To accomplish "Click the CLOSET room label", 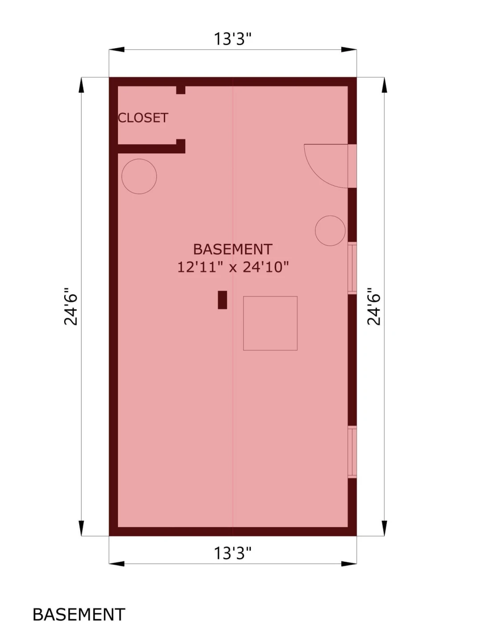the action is click(x=143, y=118).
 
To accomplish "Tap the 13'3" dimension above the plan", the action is click(x=233, y=39).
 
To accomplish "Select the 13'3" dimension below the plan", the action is click(x=233, y=553).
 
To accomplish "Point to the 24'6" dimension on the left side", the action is click(x=71, y=306).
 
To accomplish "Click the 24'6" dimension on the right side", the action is click(x=374, y=306).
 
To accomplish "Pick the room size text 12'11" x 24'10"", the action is click(x=233, y=267).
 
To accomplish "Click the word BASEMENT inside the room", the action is click(x=233, y=249).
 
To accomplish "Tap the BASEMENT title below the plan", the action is click(x=79, y=614).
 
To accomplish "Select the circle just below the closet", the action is click(x=139, y=159).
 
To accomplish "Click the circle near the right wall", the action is click(x=330, y=216).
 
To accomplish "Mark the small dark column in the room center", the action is click(x=223, y=300).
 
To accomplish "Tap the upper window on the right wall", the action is click(x=352, y=268).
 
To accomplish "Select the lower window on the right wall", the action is click(x=352, y=452).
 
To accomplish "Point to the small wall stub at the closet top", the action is click(x=181, y=90).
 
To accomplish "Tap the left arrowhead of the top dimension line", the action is click(x=117, y=49).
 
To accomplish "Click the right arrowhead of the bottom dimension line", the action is click(x=349, y=564).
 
